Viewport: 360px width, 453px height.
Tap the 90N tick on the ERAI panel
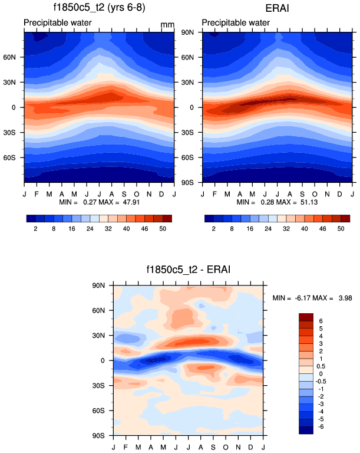click(x=189, y=32)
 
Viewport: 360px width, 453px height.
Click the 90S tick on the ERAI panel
click(x=189, y=183)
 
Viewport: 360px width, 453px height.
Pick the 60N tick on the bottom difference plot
click(x=98, y=310)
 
